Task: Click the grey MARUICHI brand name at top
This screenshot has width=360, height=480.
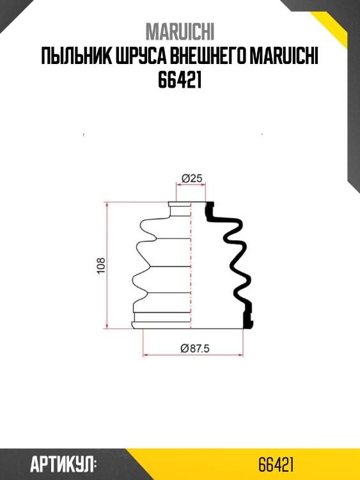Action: (x=180, y=32)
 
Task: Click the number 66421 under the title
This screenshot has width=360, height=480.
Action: (x=180, y=80)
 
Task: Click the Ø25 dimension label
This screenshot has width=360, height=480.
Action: (x=192, y=179)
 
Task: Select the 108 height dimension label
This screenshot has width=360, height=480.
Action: (x=101, y=266)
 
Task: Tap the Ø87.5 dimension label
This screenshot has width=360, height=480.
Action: (x=195, y=348)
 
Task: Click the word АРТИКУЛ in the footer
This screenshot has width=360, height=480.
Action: (x=63, y=465)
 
